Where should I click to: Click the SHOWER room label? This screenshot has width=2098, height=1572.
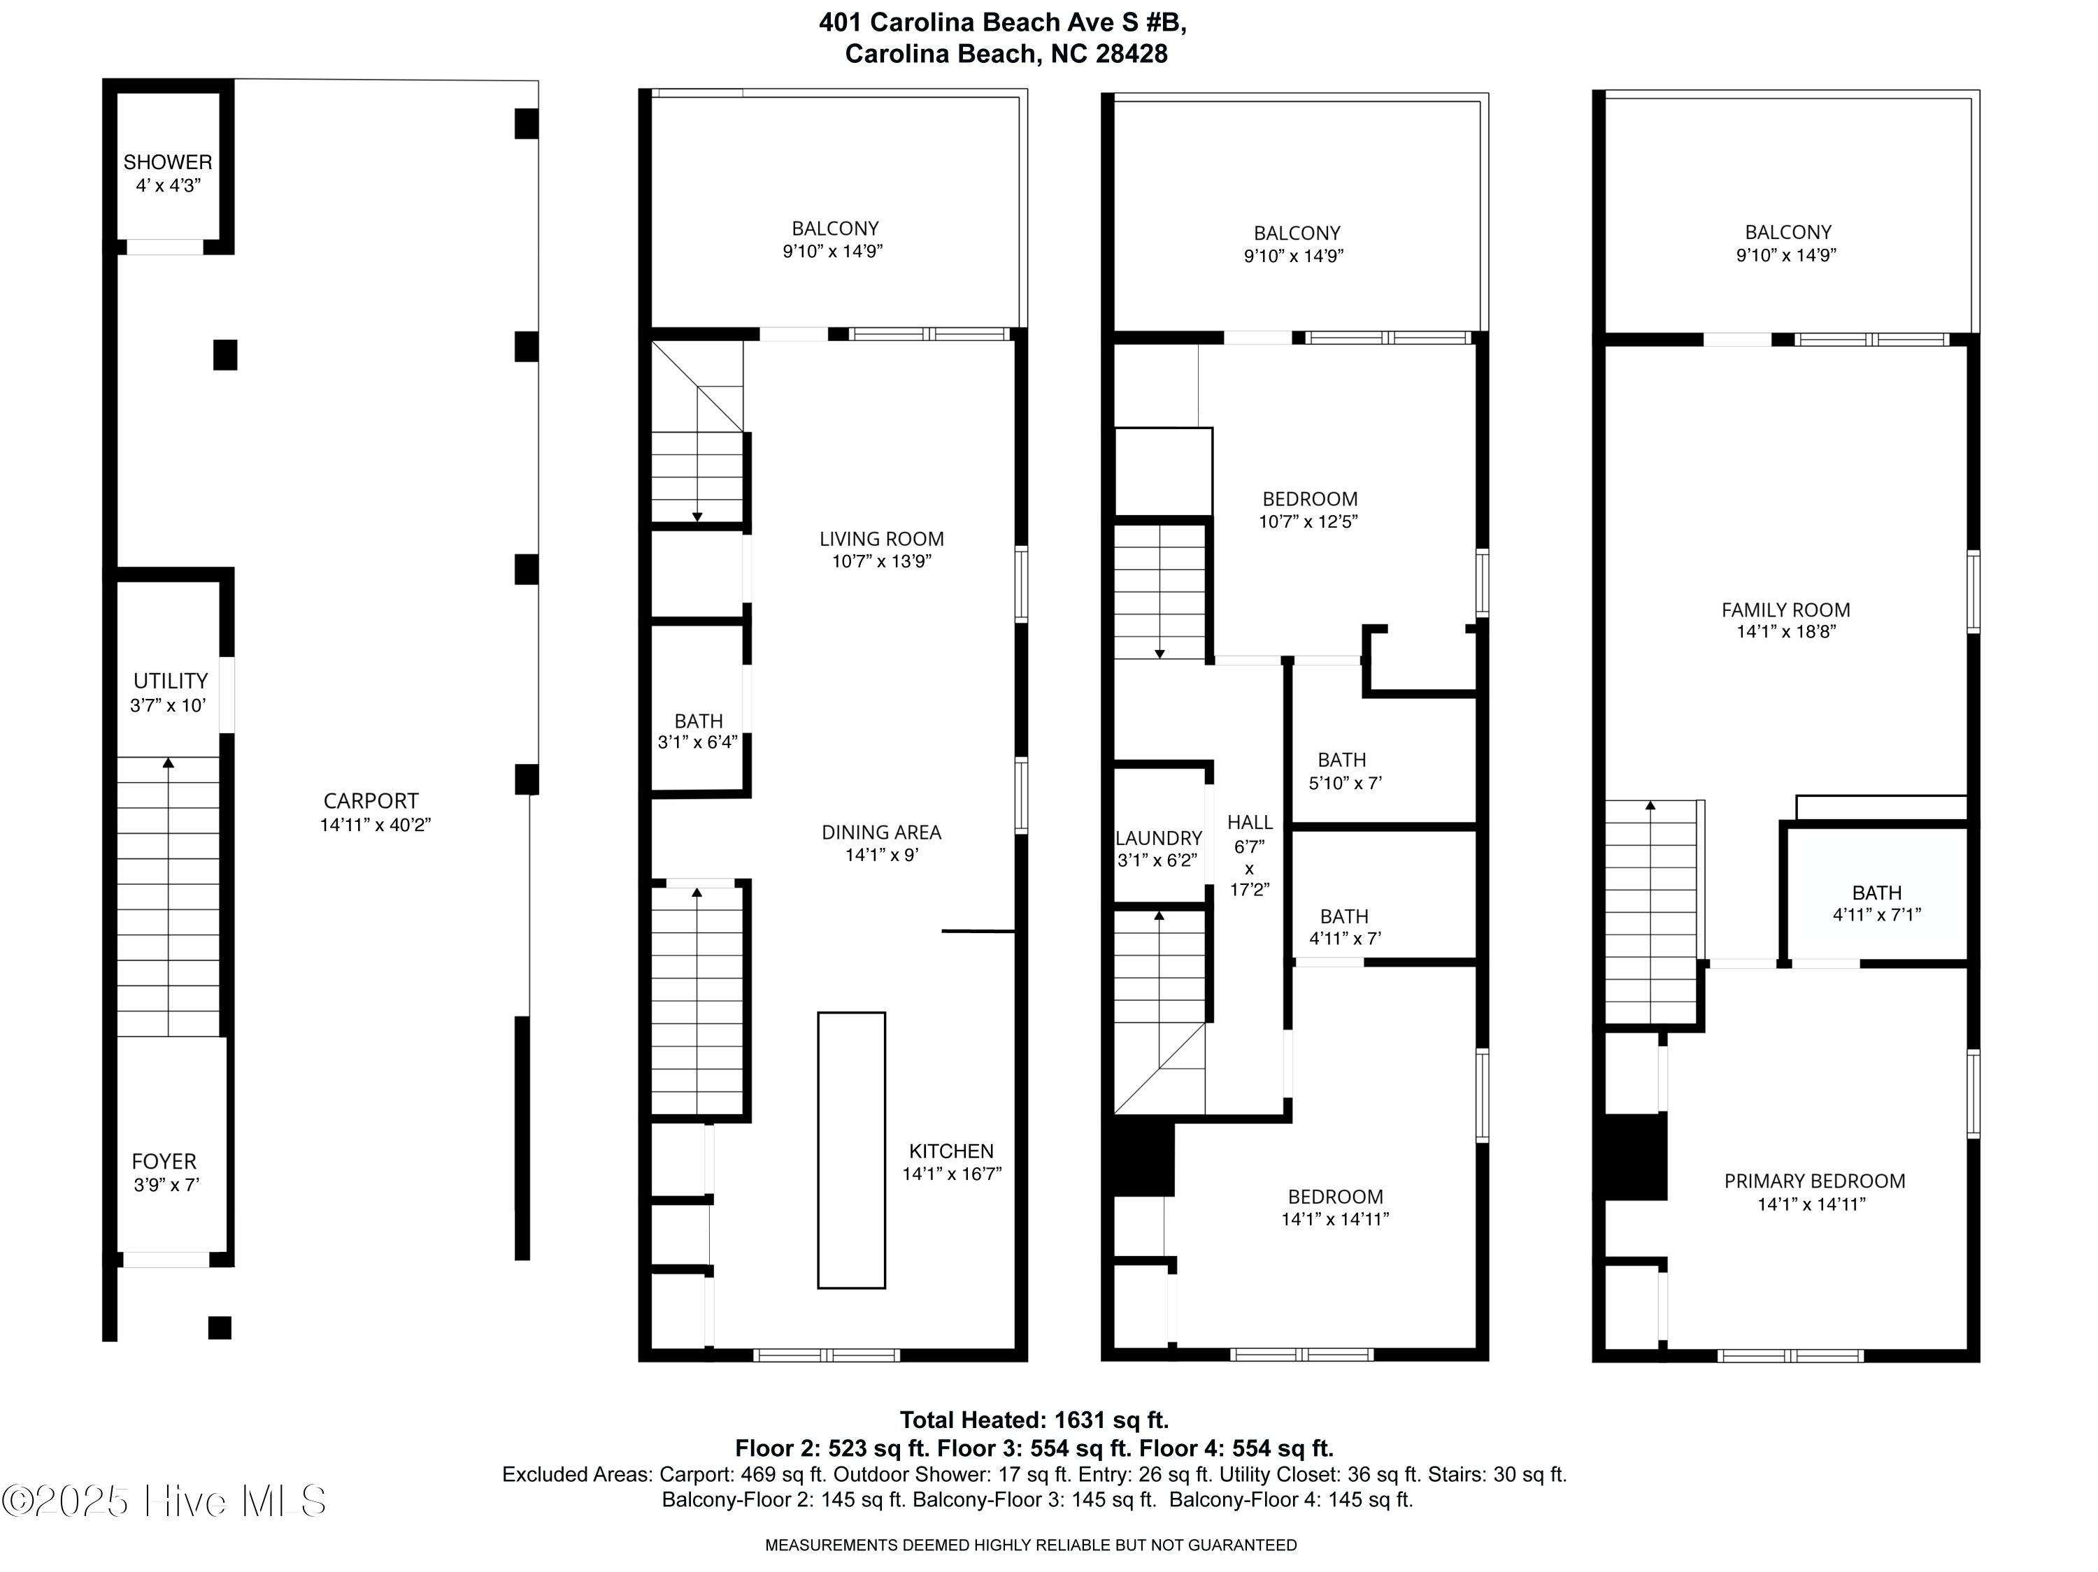(168, 162)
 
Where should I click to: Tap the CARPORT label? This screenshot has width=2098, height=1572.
(371, 801)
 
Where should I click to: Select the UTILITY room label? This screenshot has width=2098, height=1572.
(171, 681)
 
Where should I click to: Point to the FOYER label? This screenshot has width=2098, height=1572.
(164, 1162)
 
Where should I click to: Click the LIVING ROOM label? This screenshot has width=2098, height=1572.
(882, 538)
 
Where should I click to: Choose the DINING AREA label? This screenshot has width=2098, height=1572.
(882, 832)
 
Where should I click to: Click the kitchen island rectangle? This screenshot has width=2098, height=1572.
(852, 1150)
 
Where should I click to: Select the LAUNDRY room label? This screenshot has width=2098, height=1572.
(1159, 838)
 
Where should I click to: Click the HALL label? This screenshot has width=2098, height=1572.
(1250, 823)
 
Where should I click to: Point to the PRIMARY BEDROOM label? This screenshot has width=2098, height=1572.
(1814, 1181)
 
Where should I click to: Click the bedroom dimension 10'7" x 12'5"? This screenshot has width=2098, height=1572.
(1309, 522)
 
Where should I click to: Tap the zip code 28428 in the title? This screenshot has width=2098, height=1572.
(1132, 54)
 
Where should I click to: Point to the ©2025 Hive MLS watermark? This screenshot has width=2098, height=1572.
(164, 1501)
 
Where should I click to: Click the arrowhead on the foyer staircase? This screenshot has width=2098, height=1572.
(169, 761)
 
